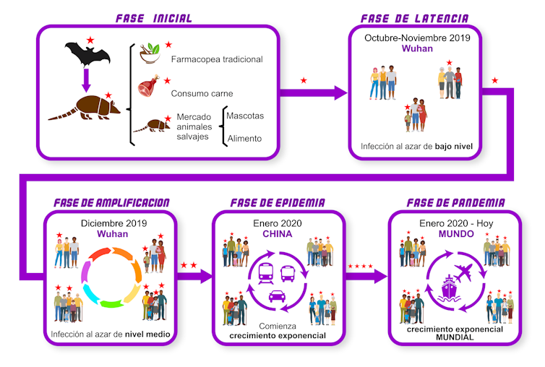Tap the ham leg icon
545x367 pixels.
coord(148,88)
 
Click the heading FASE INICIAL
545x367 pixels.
coord(154,18)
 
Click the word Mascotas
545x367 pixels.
coord(245,116)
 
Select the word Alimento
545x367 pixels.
coord(245,137)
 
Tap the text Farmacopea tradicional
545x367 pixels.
coord(216,59)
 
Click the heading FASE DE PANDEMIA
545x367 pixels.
coord(455,203)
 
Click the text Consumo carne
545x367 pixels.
coord(202,93)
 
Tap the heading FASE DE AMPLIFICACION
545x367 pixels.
coord(111,203)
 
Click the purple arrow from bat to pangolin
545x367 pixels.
coord(85,79)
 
